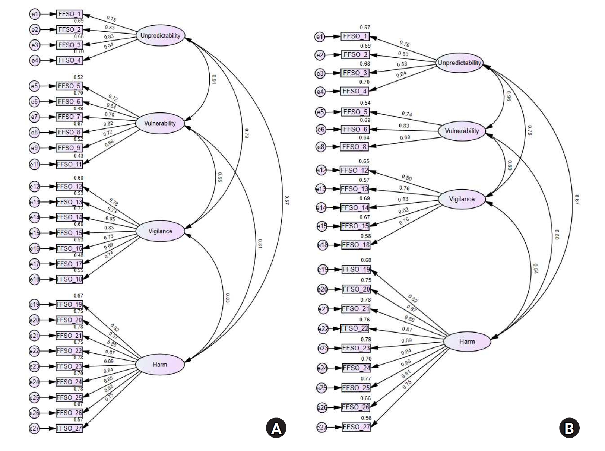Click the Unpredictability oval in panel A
click(160, 36)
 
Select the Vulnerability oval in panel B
click(462, 131)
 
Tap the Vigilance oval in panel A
click(160, 231)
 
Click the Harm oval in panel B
click(467, 342)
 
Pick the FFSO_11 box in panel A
click(69, 164)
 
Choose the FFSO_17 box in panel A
click(69, 264)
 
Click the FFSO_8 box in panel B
click(355, 147)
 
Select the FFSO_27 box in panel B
click(356, 427)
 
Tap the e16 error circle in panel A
click(34, 248)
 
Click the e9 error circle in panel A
click(34, 148)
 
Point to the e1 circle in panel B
click(320, 36)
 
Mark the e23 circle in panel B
click(323, 349)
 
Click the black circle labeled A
click(276, 428)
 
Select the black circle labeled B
click(569, 428)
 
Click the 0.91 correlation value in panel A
click(213, 80)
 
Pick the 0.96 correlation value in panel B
click(508, 96)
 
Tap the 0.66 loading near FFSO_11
click(109, 143)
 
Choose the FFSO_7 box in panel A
click(69, 117)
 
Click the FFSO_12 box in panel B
click(354, 171)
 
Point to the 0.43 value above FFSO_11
click(78, 156)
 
